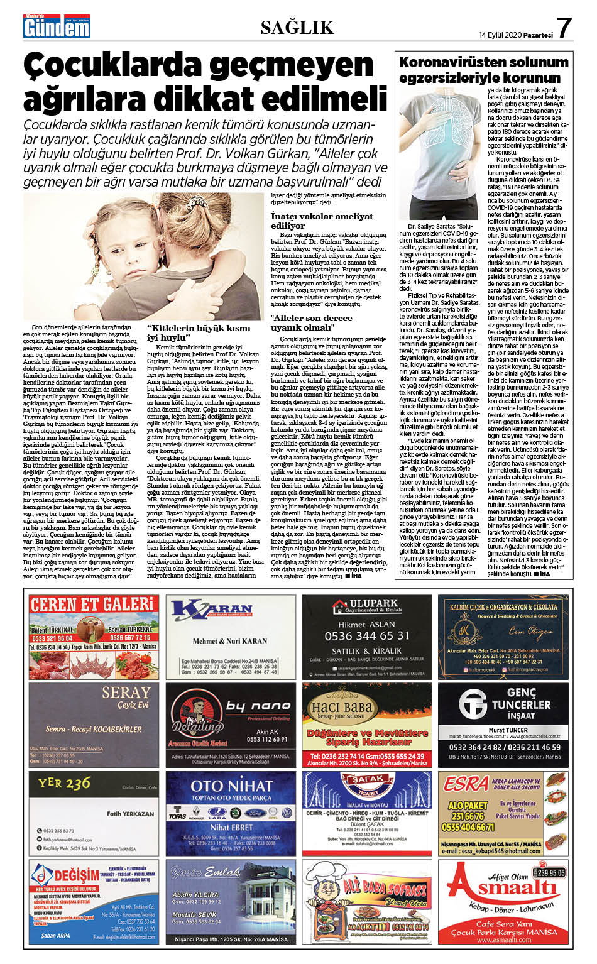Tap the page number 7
tap(564, 28)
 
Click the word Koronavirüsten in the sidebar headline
tap(448, 62)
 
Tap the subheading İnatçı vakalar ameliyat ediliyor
tap(322, 221)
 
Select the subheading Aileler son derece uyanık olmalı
tap(312, 322)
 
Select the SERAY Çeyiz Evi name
tap(126, 693)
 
